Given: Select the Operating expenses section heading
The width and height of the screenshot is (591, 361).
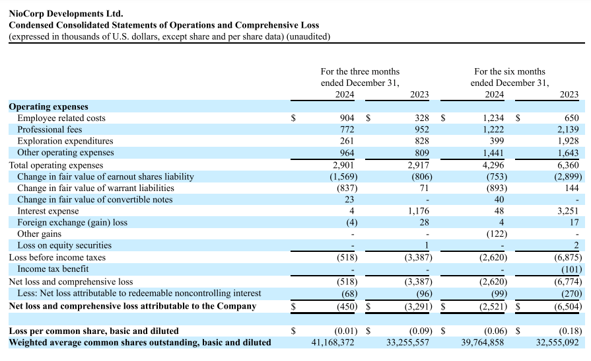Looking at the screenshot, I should (x=48, y=106).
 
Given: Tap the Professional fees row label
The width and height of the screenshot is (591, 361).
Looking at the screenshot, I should (x=50, y=130).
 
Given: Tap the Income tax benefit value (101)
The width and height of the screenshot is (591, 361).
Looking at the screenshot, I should (x=569, y=269).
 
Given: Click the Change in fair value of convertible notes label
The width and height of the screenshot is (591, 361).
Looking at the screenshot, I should (x=95, y=199).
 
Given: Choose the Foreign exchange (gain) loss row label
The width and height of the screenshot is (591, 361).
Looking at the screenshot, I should (x=73, y=222).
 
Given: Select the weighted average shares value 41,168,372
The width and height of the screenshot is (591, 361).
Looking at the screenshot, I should (x=333, y=342).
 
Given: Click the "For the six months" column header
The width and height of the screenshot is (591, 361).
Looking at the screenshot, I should (x=509, y=71).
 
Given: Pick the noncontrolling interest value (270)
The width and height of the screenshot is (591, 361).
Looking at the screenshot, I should (x=569, y=293).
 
